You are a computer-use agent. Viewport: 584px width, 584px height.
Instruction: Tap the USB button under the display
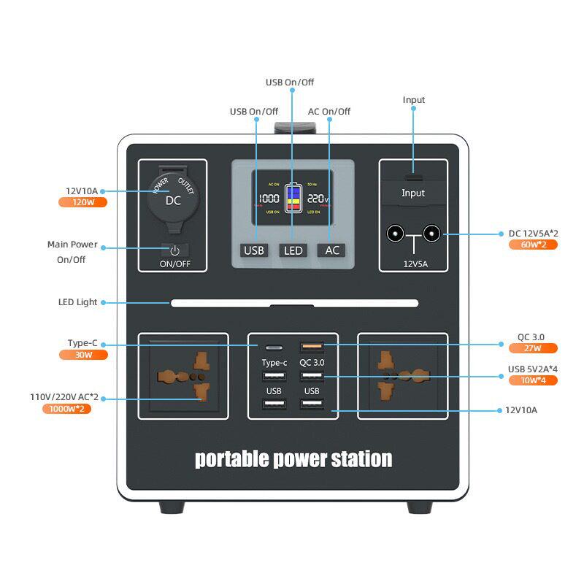click(x=254, y=250)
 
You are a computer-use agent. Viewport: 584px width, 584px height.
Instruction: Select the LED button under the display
click(x=293, y=250)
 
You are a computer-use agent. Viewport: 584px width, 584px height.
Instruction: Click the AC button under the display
click(x=331, y=250)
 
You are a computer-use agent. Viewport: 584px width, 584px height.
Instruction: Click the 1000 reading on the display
click(x=269, y=199)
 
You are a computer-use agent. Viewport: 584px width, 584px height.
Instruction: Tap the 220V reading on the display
click(x=318, y=199)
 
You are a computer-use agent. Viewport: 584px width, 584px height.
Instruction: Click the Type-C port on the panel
click(x=274, y=347)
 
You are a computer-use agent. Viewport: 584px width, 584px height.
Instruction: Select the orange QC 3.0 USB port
click(x=312, y=347)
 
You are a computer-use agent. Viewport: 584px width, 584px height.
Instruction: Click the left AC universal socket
click(x=183, y=376)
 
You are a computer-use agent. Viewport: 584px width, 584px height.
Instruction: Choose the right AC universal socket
click(x=402, y=376)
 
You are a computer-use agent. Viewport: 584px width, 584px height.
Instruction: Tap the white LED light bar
click(x=294, y=303)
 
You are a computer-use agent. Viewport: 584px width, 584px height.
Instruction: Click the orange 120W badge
click(x=82, y=202)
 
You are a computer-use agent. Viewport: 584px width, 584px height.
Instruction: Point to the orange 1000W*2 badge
click(x=66, y=409)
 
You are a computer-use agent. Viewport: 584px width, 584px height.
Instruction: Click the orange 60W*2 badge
click(x=533, y=245)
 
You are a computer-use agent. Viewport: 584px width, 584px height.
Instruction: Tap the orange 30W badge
click(x=82, y=355)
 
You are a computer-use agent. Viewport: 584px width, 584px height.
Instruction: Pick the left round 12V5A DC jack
click(x=396, y=234)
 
